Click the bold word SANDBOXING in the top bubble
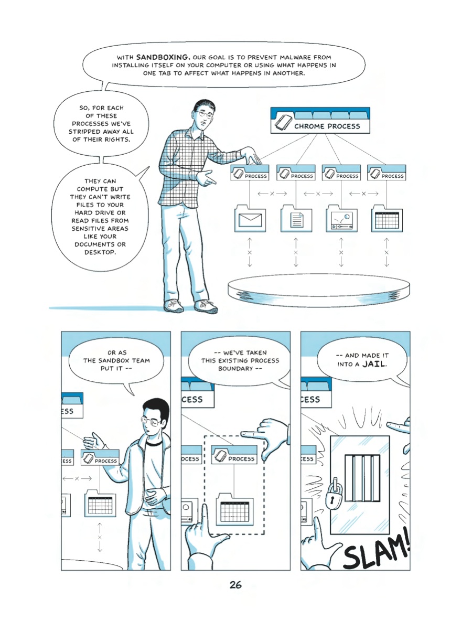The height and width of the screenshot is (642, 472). point(162,57)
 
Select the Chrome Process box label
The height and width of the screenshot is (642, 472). point(327,126)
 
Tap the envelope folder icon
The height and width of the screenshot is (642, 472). point(250,218)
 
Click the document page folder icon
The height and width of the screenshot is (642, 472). point(296,218)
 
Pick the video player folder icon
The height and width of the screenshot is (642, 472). point(341,218)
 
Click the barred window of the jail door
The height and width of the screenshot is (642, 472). point(362,478)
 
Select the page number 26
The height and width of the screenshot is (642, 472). point(235,585)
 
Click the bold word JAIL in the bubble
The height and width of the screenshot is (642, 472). point(374,365)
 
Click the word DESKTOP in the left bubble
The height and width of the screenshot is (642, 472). point(100,252)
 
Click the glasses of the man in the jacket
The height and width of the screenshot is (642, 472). point(151,421)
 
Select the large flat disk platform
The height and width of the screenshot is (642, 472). point(319,290)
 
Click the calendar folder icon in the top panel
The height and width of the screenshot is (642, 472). point(387,218)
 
